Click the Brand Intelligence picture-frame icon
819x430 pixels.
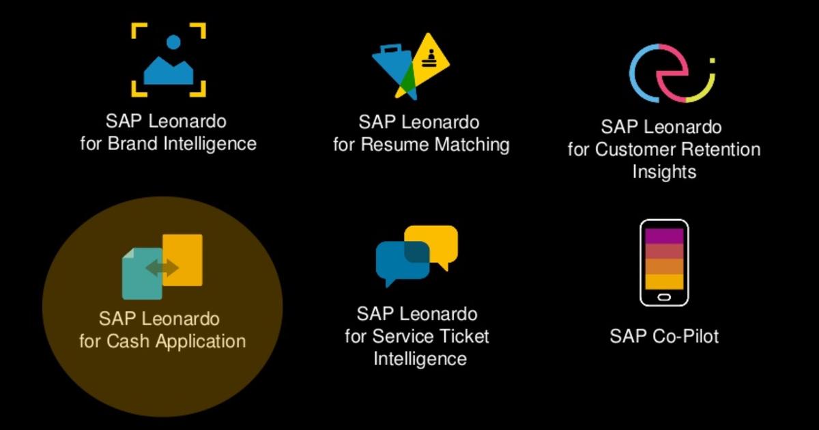[168, 60]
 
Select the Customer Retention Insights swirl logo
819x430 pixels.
[671, 73]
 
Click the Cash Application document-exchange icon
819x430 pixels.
[162, 267]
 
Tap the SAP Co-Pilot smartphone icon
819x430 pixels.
[663, 263]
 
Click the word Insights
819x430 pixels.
[664, 171]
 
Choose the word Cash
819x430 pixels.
[126, 341]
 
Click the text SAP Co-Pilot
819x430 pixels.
[664, 336]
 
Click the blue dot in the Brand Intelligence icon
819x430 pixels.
[173, 42]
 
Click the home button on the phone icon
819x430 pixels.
[663, 298]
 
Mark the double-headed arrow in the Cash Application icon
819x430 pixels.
[162, 268]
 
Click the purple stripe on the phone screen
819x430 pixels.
[663, 235]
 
